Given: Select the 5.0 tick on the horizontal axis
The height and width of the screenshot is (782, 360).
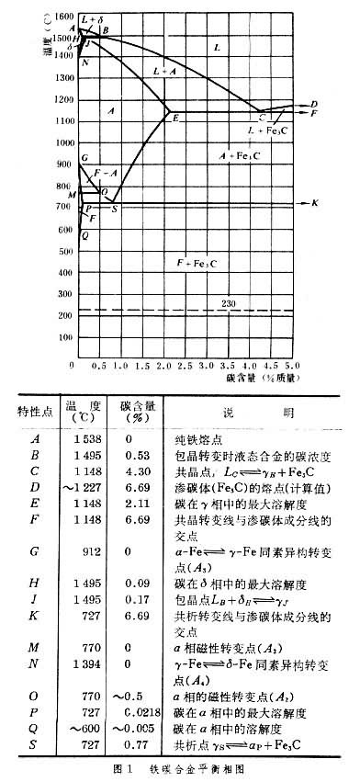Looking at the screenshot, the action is pyautogui.click(x=293, y=366).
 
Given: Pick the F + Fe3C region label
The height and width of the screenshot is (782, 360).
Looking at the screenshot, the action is pyautogui.click(x=197, y=263).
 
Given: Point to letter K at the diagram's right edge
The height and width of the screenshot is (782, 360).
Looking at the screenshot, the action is pyautogui.click(x=315, y=202).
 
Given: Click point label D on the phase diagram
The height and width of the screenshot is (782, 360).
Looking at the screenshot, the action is pyautogui.click(x=314, y=104).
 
